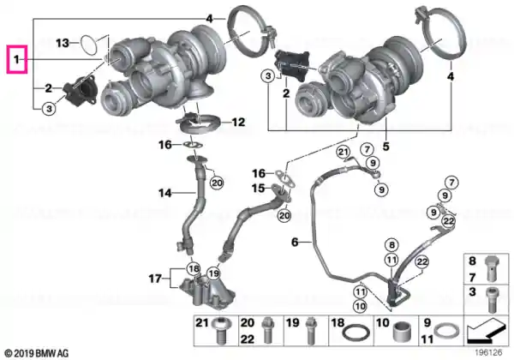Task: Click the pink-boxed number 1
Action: click(17, 59)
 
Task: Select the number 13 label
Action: click(63, 43)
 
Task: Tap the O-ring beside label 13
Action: click(88, 45)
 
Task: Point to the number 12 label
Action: click(238, 123)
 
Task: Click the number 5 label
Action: click(386, 147)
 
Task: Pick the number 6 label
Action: click(295, 243)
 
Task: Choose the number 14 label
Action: click(164, 193)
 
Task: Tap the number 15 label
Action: click(258, 189)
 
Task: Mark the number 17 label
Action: click(155, 279)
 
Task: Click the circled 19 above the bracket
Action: click(213, 273)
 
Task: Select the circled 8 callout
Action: click(391, 245)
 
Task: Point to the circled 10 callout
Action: click(360, 306)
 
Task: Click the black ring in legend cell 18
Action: click(356, 333)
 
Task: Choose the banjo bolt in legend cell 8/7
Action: click(492, 268)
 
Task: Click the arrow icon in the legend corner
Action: click(487, 331)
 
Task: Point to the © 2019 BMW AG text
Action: click(37, 353)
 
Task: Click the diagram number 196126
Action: click(489, 352)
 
